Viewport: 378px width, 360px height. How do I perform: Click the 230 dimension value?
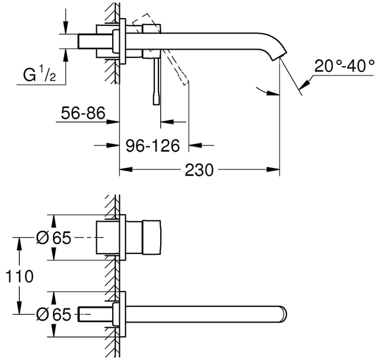coord(199,170)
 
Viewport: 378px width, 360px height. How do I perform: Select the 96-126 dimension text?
coord(153,146)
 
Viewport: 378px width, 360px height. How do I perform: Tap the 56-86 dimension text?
coord(83,113)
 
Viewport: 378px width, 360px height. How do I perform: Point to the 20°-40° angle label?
coord(344,66)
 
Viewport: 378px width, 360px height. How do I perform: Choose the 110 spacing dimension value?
coord(19,276)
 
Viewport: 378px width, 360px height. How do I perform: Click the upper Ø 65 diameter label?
coord(54,238)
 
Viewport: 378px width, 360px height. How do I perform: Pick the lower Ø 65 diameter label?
coord(54,314)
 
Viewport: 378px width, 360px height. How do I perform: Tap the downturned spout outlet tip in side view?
coord(280,56)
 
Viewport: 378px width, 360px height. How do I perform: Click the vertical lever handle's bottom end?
coord(156,104)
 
